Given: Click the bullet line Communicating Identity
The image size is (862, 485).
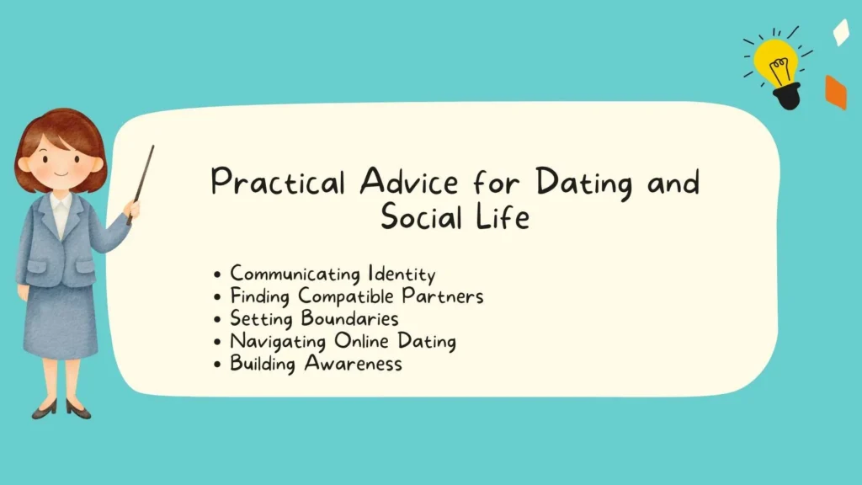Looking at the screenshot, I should pyautogui.click(x=333, y=274).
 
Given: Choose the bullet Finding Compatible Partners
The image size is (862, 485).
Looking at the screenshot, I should pyautogui.click(x=357, y=296).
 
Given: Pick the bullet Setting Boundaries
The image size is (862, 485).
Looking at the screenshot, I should pyautogui.click(x=314, y=319).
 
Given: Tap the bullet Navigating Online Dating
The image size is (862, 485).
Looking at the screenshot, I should pyautogui.click(x=343, y=342).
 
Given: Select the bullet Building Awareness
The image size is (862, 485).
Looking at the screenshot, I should pyautogui.click(x=316, y=364).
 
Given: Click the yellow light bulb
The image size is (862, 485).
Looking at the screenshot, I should pyautogui.click(x=775, y=62).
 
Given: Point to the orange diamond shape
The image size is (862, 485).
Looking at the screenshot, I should pyautogui.click(x=835, y=92).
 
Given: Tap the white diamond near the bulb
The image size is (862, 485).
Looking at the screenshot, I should pyautogui.click(x=840, y=32).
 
